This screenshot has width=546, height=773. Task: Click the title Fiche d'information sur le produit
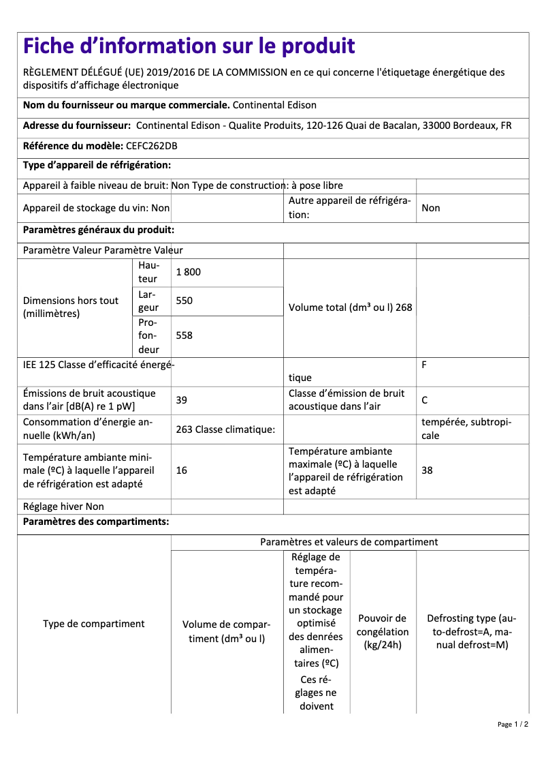click(189, 46)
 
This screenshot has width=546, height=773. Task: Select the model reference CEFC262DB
click(152, 146)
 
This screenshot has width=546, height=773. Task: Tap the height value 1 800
click(189, 272)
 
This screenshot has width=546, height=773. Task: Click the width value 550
click(184, 301)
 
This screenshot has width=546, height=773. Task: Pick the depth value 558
click(184, 335)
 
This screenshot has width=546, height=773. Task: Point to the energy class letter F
click(424, 365)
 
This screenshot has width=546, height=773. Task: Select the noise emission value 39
click(182, 400)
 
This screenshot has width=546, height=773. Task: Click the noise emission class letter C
click(425, 400)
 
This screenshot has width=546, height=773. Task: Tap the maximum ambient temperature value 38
click(427, 470)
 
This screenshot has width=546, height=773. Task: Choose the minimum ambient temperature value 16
click(182, 470)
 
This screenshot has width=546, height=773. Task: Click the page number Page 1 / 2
click(513, 724)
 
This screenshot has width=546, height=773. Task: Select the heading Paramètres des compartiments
click(96, 522)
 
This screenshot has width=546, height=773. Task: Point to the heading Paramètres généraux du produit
click(99, 230)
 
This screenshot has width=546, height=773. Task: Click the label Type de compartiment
click(94, 624)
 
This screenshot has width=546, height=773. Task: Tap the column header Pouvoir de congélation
click(383, 632)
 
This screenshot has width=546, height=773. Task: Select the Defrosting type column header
click(472, 632)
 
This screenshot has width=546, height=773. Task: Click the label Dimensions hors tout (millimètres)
click(71, 307)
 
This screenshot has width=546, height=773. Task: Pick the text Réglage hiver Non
click(63, 506)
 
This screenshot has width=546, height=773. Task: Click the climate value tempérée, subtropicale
click(466, 429)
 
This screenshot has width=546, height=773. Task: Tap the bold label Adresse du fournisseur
click(77, 125)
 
